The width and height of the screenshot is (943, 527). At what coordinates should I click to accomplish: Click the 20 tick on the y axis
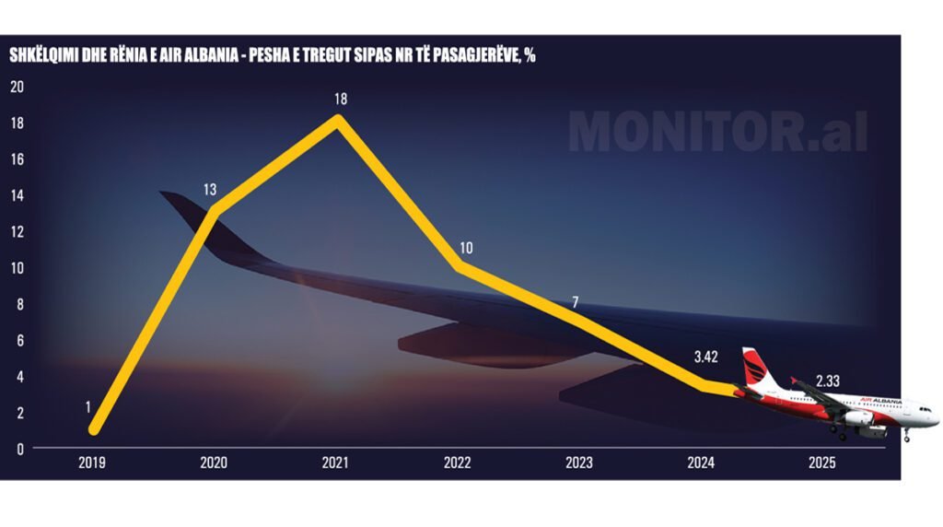17,87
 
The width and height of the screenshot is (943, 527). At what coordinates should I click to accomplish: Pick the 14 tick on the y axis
17,195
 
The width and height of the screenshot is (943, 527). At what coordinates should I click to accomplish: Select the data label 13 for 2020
210,190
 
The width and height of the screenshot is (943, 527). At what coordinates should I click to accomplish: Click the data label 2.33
828,381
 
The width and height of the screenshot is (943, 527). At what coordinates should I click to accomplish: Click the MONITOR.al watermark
717,133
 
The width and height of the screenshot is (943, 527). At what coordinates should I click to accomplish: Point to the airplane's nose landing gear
906,434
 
